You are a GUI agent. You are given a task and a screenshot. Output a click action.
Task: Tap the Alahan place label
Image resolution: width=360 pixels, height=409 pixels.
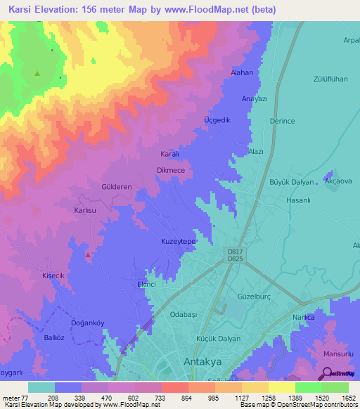coord(242,72)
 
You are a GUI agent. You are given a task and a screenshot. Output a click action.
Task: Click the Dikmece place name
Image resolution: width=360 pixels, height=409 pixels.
coord(171,170)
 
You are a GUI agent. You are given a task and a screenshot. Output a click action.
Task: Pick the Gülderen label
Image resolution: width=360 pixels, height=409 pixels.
coord(117,188)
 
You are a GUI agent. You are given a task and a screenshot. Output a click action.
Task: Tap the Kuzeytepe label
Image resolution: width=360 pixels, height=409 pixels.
coord(179,241)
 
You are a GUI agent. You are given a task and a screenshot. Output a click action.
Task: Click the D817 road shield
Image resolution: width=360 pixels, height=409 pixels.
coord(236,251)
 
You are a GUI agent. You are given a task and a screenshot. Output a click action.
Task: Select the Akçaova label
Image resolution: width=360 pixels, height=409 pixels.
coord(337,181)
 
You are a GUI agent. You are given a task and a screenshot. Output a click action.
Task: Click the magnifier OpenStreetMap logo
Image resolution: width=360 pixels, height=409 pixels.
coord(328,373)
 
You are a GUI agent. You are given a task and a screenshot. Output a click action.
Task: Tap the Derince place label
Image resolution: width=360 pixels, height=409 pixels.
coord(282,121)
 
